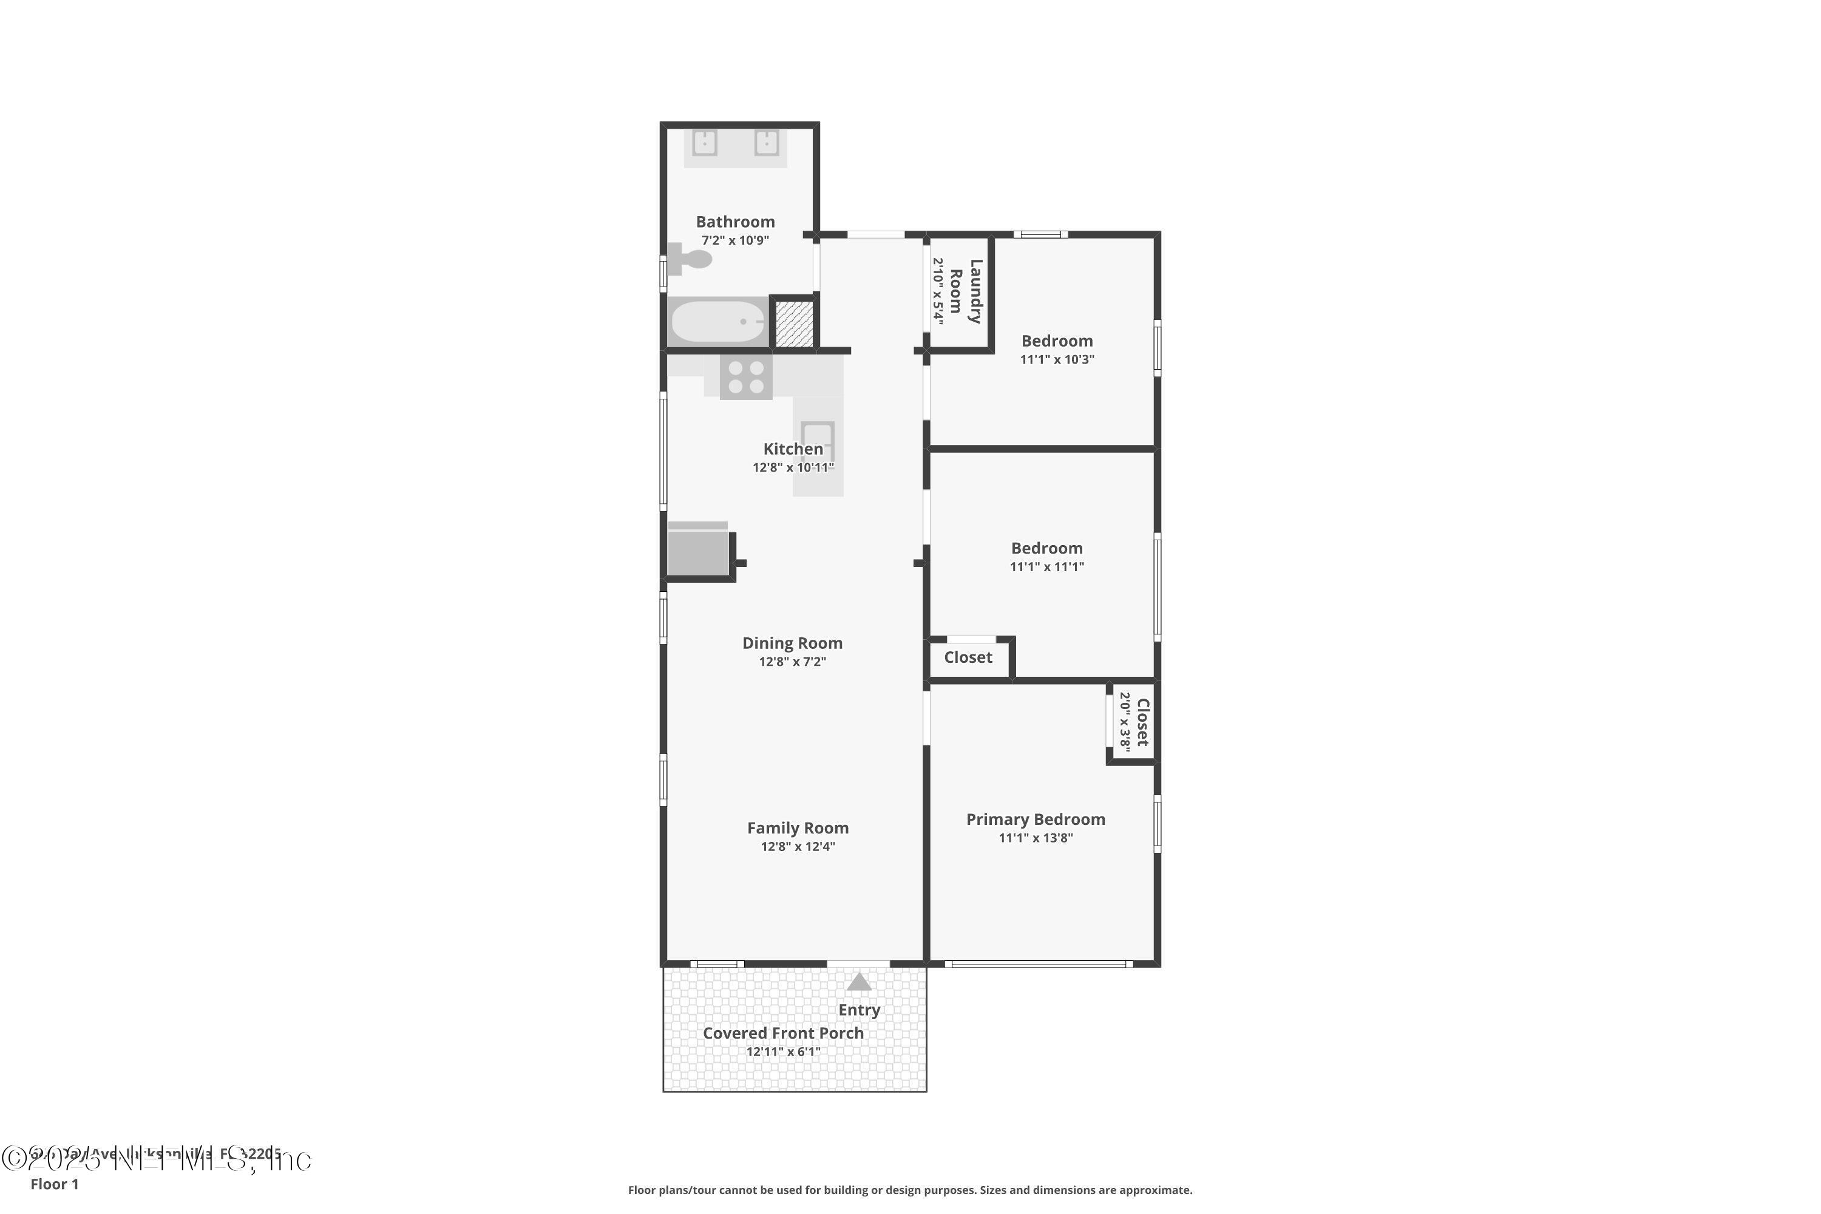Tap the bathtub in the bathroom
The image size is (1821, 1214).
[717, 321]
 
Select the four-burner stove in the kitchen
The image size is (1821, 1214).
[745, 378]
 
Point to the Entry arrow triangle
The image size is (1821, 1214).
[859, 983]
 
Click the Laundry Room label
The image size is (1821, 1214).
[966, 291]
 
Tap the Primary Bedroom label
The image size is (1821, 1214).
[1035, 819]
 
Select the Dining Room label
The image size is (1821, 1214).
[792, 643]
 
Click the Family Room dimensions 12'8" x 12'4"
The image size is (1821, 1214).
[798, 846]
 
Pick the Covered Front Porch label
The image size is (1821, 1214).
[783, 1033]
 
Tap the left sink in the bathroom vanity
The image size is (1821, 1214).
[705, 143]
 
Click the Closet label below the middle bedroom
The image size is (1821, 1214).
[968, 657]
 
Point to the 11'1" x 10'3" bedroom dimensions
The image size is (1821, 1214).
[1057, 359]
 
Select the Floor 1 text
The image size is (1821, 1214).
[54, 1184]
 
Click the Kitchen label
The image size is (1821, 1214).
[793, 449]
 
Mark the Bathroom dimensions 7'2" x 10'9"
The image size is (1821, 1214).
[734, 240]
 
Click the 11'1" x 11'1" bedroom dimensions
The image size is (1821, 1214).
[1046, 567]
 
